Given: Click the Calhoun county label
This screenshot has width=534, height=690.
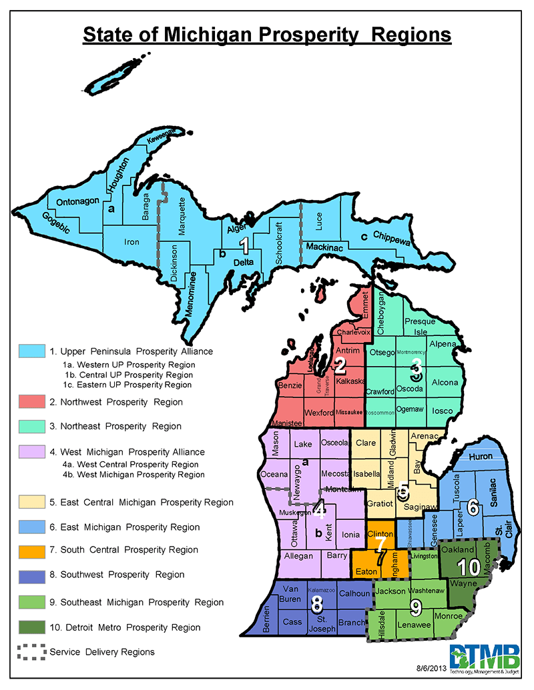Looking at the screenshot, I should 354,593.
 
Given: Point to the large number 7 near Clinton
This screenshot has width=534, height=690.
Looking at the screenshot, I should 379,545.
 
